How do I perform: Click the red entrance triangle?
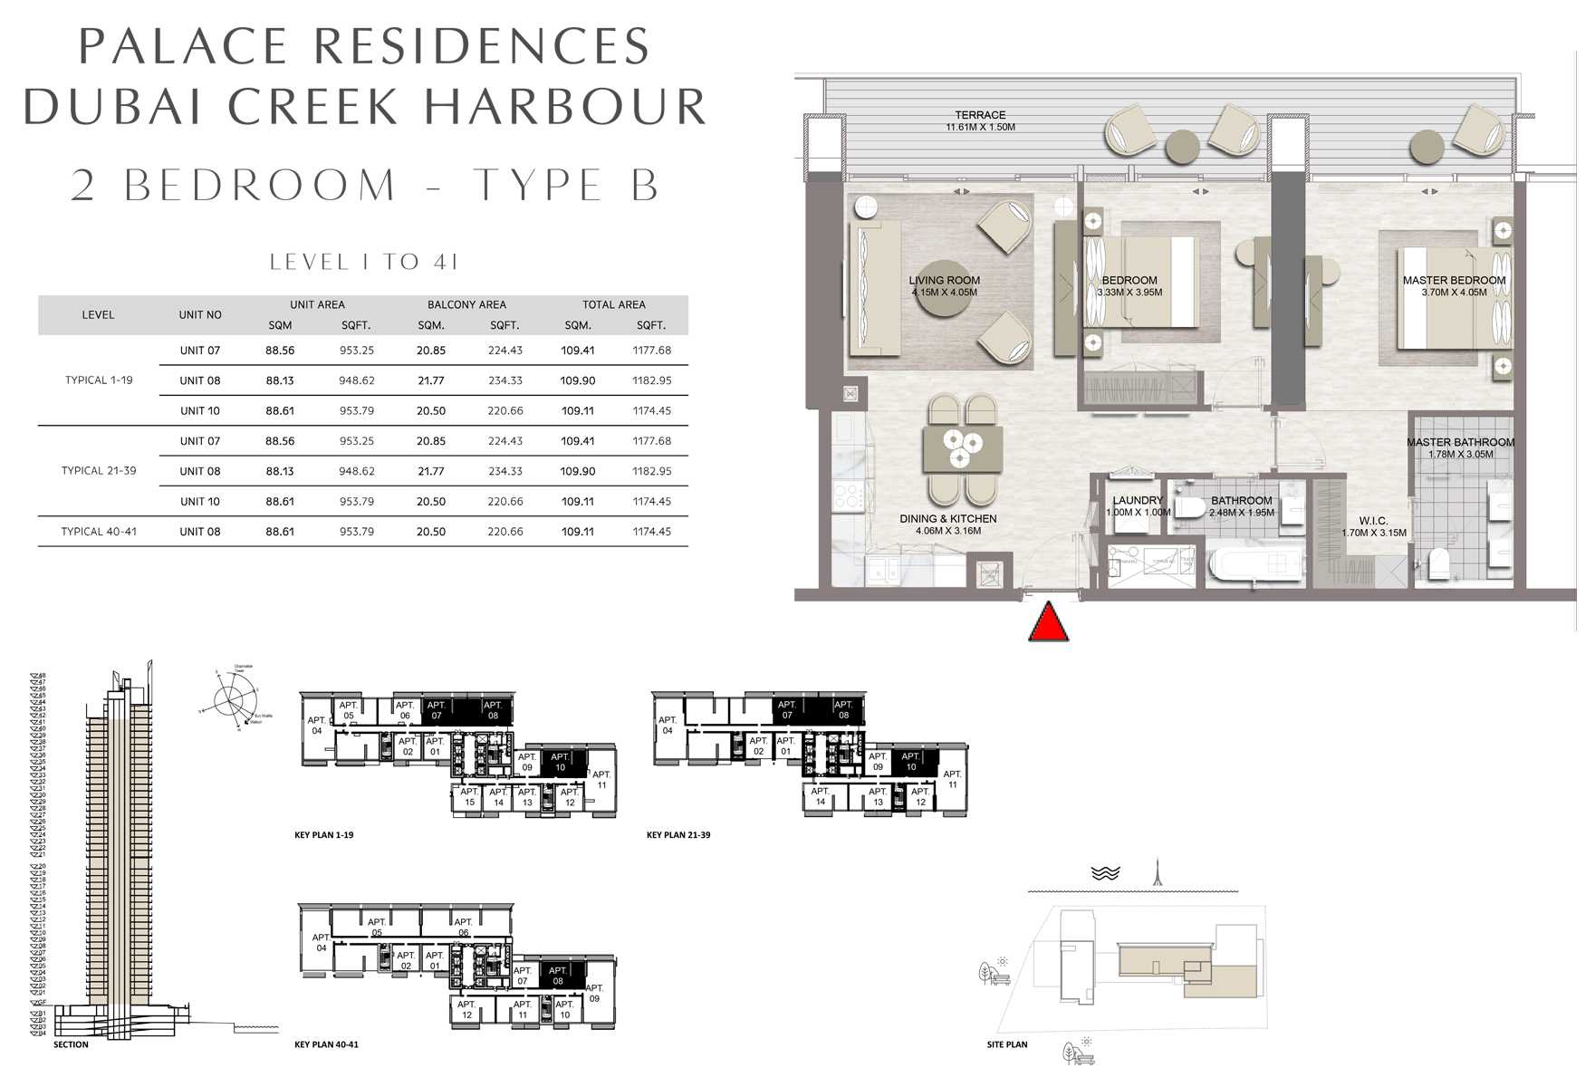(1048, 623)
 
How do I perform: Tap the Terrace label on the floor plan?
(980, 116)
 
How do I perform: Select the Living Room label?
(944, 281)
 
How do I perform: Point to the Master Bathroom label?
(1460, 443)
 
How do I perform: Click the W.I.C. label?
(1373, 521)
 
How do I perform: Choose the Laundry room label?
(1138, 501)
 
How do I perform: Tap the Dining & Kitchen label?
(947, 519)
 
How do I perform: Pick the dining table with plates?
(962, 448)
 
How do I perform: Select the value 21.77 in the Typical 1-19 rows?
(431, 380)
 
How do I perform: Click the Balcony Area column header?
(466, 305)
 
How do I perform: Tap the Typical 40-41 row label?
(99, 532)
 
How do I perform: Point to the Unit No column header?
(200, 315)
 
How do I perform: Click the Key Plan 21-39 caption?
(678, 835)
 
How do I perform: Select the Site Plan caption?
(1007, 1044)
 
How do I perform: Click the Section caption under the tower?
(71, 1044)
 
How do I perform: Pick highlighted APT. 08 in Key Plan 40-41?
(558, 976)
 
